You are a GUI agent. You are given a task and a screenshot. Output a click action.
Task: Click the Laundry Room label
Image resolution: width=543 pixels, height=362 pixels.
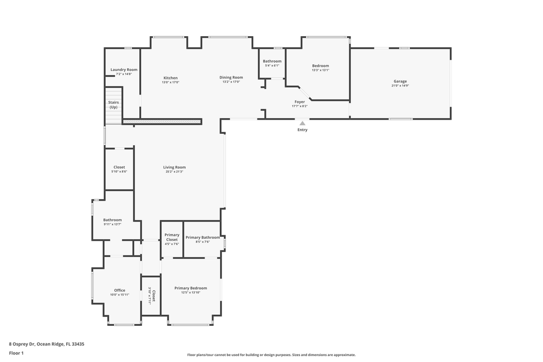[x=124, y=70]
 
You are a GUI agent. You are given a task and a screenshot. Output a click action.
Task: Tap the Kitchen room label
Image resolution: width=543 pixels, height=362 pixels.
[x=170, y=78]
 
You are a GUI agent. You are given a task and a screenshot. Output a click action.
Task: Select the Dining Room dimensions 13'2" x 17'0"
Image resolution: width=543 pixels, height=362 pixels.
[x=231, y=82]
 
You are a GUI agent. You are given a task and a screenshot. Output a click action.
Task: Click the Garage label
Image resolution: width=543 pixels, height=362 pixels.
[x=400, y=81]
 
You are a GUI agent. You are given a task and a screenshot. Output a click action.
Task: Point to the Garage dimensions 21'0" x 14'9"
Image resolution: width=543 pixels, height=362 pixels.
[x=400, y=86]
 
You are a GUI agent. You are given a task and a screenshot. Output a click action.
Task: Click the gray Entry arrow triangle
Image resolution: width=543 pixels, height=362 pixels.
[x=302, y=122]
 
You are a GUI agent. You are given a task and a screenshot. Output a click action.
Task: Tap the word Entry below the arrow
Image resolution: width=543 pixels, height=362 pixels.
[x=302, y=130]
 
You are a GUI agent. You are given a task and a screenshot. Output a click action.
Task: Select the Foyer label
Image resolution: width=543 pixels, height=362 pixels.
[x=300, y=102]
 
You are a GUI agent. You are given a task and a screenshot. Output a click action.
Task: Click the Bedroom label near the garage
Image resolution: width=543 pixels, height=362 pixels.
[x=320, y=66]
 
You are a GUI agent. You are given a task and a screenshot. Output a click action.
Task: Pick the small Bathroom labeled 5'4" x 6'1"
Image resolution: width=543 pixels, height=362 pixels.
[x=272, y=61]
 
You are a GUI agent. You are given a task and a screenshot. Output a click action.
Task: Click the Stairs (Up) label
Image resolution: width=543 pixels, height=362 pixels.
[x=114, y=105]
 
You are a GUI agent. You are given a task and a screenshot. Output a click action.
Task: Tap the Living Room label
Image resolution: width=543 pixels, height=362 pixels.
[x=174, y=167]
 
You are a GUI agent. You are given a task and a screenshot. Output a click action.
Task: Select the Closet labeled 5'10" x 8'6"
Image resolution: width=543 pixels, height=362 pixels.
[x=119, y=167]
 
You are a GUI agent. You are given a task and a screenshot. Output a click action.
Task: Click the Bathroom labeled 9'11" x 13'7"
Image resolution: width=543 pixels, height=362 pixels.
[x=113, y=220]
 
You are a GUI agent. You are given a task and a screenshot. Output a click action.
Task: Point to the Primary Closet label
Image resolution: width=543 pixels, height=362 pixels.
[x=172, y=237]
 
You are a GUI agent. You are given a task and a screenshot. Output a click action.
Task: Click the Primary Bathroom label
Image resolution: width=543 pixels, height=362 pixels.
[x=203, y=237]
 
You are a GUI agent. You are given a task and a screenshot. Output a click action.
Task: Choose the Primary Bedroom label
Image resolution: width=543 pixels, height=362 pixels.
[x=191, y=288]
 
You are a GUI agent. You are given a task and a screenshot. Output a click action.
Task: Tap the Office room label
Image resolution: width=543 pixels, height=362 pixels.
[x=120, y=290]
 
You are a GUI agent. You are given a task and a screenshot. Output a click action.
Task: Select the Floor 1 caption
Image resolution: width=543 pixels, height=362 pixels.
[x=16, y=353]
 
